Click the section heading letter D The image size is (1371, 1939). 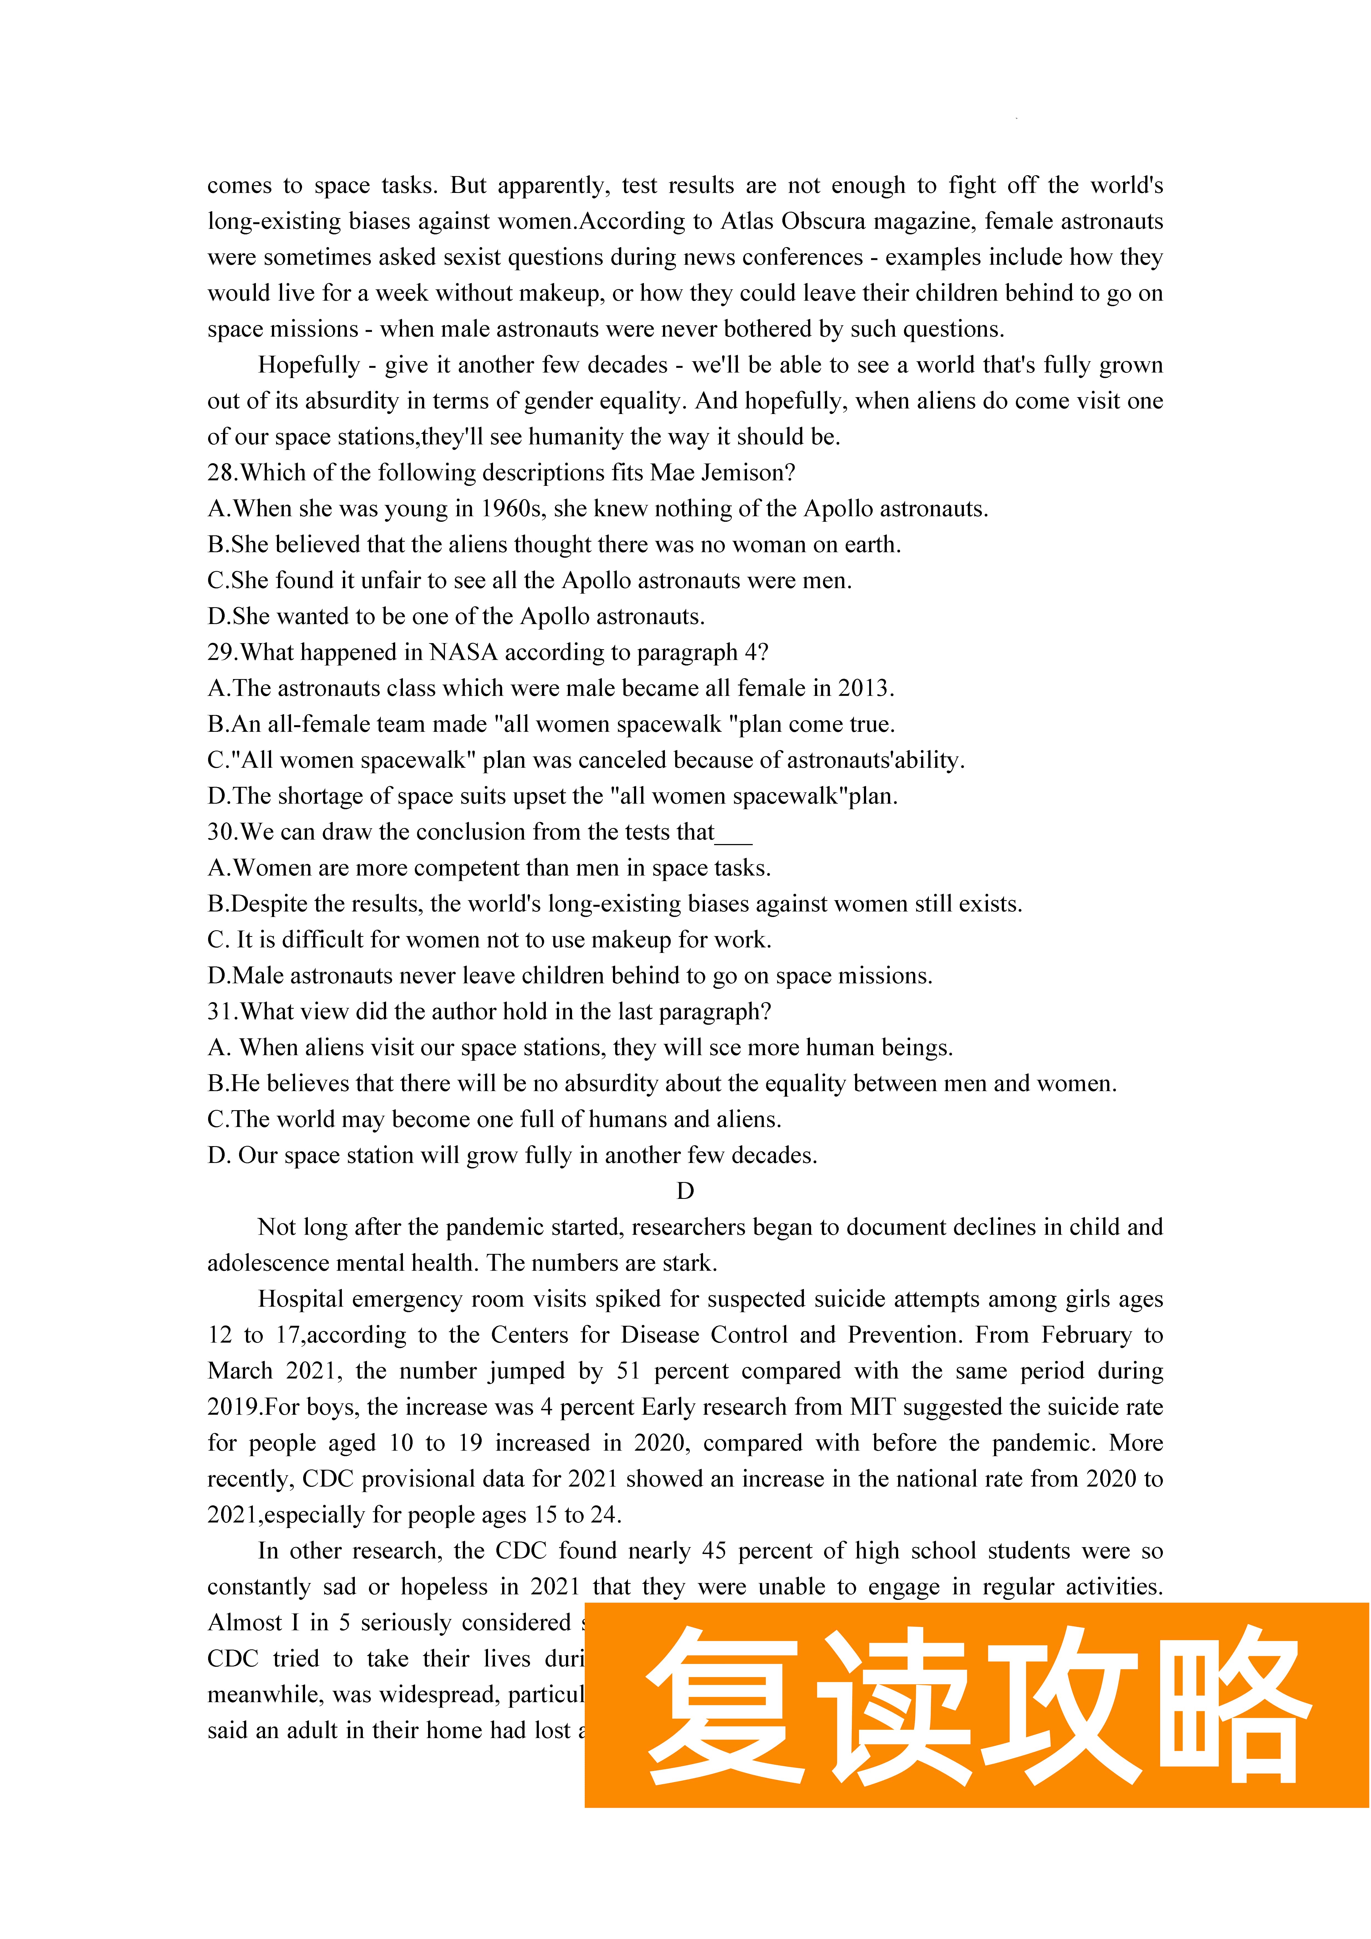685,1192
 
